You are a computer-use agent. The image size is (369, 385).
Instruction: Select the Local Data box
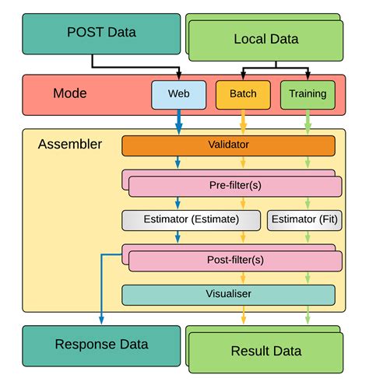pos(265,39)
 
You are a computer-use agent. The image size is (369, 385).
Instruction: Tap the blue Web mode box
pos(179,94)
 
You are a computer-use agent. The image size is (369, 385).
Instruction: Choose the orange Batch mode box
pos(243,94)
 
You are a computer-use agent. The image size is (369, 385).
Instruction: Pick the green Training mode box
pos(307,94)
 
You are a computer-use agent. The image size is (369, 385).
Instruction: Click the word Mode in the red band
pos(69,93)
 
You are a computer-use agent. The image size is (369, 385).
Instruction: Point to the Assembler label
pos(70,145)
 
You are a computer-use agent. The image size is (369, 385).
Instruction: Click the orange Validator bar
pos(228,145)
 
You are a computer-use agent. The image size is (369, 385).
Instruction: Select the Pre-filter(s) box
pos(234,187)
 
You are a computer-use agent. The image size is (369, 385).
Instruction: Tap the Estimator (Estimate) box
pos(191,220)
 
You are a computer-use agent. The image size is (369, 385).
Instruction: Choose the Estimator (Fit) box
pos(304,220)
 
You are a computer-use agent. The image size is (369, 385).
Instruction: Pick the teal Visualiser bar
pos(228,295)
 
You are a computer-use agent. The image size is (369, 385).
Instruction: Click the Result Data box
pos(265,351)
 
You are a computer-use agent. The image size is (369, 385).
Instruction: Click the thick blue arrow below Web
pos(179,121)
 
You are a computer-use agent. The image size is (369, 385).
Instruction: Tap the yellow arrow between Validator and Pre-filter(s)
pos(243,163)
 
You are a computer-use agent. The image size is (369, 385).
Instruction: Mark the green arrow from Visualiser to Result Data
pos(307,313)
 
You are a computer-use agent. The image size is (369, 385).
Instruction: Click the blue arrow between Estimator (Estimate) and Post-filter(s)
pos(179,238)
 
